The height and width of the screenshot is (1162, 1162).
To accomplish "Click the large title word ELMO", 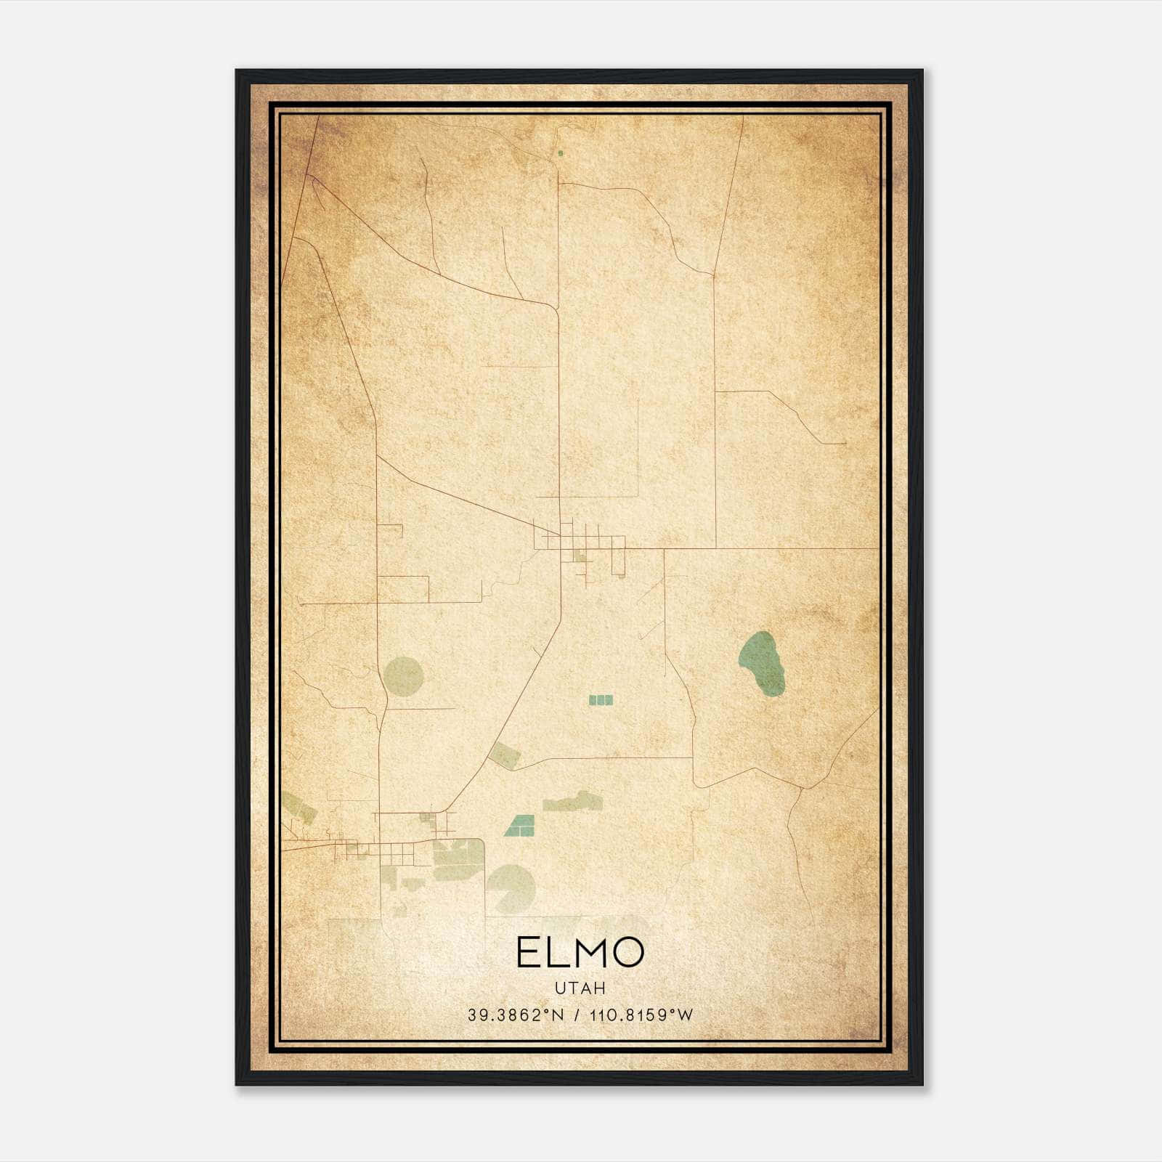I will coord(580,952).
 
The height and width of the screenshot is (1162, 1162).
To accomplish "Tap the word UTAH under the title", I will coord(580,988).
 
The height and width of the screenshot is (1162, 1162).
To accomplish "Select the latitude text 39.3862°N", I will coord(516,1015).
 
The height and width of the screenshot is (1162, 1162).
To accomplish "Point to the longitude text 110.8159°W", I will coord(641,1015).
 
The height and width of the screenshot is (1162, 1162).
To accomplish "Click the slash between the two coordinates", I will coord(577,1015).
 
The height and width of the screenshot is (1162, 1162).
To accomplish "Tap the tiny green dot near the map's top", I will coord(560,153).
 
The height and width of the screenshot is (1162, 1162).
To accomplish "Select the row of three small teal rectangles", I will coord(601,700).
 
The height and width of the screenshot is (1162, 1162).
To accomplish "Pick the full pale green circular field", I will coord(403,675).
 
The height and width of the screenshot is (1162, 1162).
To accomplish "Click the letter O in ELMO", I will coord(626,952).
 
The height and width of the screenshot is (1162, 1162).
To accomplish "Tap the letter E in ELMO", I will coord(529,952).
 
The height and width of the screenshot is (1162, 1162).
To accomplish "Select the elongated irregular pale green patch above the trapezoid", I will coord(574,802).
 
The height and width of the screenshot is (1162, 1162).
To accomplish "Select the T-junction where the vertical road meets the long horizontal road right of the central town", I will coord(715,548).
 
